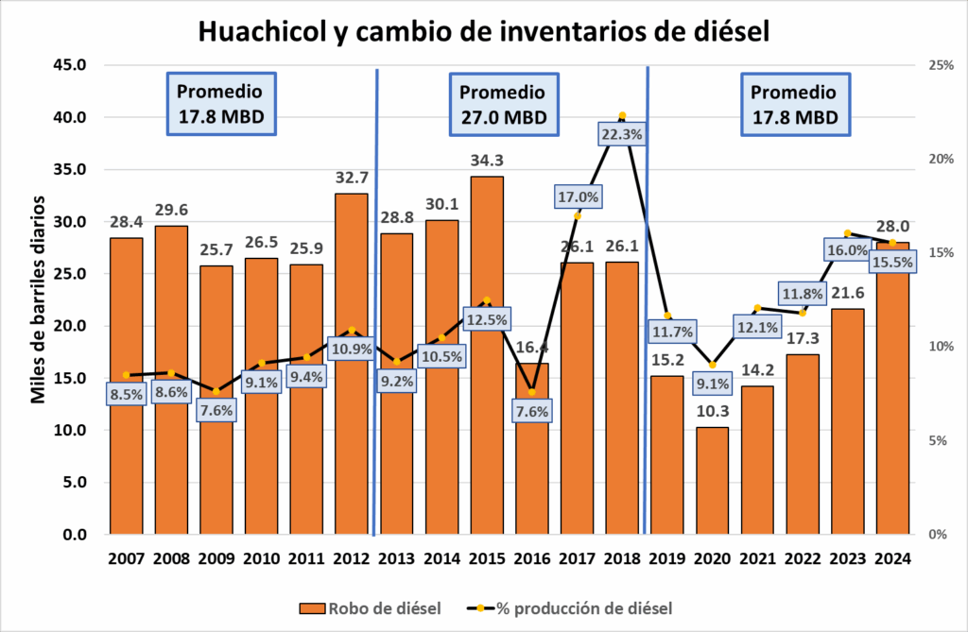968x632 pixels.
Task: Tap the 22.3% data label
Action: [x=621, y=135]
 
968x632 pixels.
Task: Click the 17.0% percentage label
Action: [x=578, y=196]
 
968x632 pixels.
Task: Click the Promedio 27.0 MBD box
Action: [x=502, y=104]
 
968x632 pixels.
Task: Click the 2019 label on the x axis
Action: [x=667, y=557]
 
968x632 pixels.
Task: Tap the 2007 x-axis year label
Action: [x=126, y=557]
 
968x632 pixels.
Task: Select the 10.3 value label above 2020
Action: [x=712, y=411]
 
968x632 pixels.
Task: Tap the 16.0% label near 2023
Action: [x=847, y=250]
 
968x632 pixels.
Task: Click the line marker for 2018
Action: [x=622, y=116]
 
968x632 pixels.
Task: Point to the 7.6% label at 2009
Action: [x=216, y=412]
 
